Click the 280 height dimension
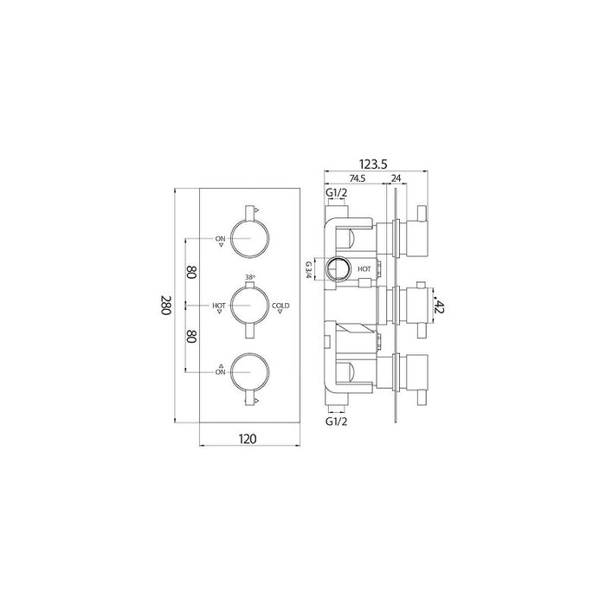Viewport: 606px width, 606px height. pyautogui.click(x=165, y=306)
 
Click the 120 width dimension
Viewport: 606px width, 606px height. pyautogui.click(x=248, y=439)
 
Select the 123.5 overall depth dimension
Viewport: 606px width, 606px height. pyautogui.click(x=373, y=164)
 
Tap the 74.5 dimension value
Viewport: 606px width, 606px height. pyautogui.click(x=358, y=178)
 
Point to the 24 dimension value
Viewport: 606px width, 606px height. pyautogui.click(x=396, y=178)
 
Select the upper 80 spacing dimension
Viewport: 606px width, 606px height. pyautogui.click(x=191, y=273)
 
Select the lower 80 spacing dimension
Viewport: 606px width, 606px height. pyautogui.click(x=191, y=337)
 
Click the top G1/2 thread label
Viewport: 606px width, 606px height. pyautogui.click(x=337, y=192)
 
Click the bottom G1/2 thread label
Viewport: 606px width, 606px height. pyautogui.click(x=337, y=422)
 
